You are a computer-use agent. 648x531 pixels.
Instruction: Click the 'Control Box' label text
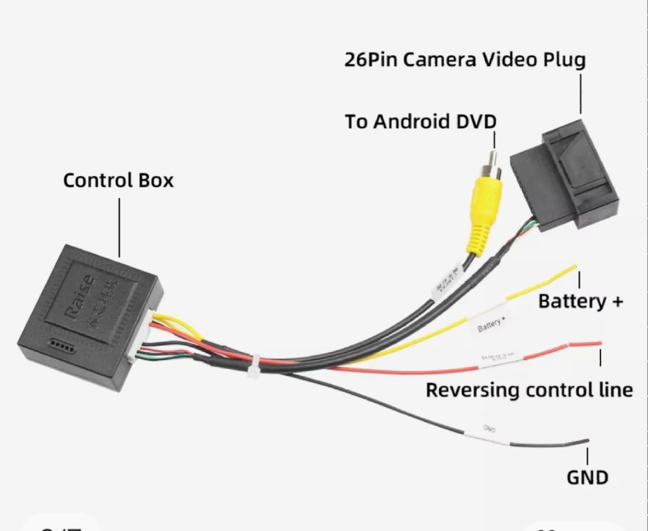tap(118, 180)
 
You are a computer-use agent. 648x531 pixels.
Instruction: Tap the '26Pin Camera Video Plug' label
tap(465, 60)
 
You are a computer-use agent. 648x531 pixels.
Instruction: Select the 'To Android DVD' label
tap(421, 122)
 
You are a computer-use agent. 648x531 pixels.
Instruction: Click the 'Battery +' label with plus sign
tap(580, 301)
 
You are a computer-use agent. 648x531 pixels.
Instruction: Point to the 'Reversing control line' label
tap(529, 390)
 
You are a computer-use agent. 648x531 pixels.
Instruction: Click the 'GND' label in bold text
tap(587, 477)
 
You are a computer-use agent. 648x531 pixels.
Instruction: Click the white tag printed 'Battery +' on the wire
tap(491, 326)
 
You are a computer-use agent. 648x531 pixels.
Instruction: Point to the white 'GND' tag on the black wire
tap(489, 431)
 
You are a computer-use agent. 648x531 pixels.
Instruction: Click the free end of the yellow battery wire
tap(571, 268)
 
